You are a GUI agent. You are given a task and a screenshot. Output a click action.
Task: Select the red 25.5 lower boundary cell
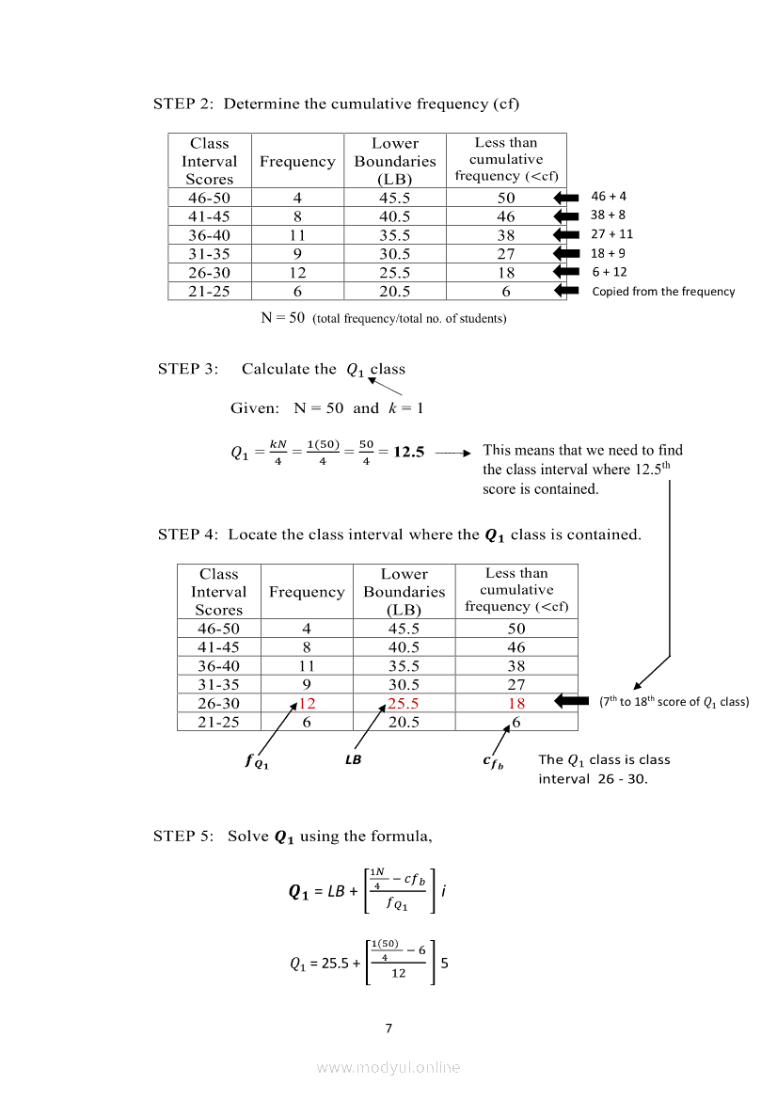[404, 704]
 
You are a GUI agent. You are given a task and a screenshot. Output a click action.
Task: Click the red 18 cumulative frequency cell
[516, 704]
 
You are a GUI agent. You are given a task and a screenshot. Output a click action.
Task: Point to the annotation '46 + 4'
[609, 197]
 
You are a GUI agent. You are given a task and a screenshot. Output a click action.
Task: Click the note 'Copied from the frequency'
[663, 292]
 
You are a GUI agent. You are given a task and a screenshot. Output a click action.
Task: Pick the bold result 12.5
[409, 452]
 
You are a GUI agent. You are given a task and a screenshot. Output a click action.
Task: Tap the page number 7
[388, 1028]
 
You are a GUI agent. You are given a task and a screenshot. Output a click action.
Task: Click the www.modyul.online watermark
[388, 1067]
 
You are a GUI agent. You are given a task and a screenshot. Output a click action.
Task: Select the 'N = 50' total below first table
[282, 318]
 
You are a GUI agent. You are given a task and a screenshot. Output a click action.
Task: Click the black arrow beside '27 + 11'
[566, 235]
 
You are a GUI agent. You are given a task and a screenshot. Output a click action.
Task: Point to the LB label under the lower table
[354, 760]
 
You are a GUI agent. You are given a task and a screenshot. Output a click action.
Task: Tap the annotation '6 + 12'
[610, 272]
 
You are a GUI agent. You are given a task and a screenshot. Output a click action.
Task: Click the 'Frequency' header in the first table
[297, 162]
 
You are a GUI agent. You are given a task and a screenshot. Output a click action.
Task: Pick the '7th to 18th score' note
[674, 702]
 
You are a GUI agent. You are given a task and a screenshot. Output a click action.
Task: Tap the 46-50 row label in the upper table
[209, 198]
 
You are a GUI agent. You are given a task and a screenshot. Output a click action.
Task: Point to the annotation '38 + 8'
[609, 215]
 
